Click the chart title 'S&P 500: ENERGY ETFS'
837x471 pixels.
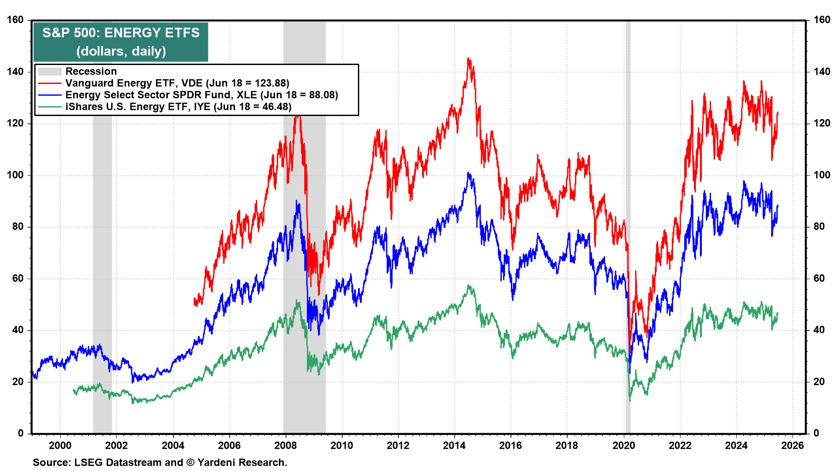coord(121,33)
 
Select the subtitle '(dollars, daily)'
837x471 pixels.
coord(121,51)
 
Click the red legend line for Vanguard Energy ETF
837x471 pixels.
coord(49,83)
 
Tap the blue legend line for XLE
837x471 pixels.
coord(49,95)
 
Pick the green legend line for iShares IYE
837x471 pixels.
coord(49,107)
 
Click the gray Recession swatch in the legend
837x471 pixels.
coord(49,72)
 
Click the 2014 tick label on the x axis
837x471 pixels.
coord(454,445)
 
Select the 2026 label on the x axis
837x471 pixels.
coord(792,445)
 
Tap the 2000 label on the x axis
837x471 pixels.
coord(60,445)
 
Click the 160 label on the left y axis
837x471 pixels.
coord(15,20)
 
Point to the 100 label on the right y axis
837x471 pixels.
coord(822,175)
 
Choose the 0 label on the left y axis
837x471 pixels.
coord(20,433)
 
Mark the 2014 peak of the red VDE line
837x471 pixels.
coord(468,58)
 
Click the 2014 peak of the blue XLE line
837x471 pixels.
coord(468,173)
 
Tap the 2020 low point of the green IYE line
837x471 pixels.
coord(630,400)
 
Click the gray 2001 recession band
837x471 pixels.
coord(102,262)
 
